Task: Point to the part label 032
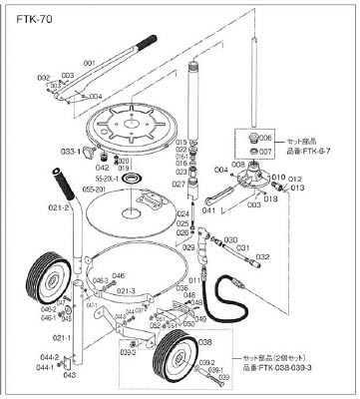coord(262,255)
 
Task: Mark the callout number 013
coord(297,187)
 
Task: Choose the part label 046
coord(118,276)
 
